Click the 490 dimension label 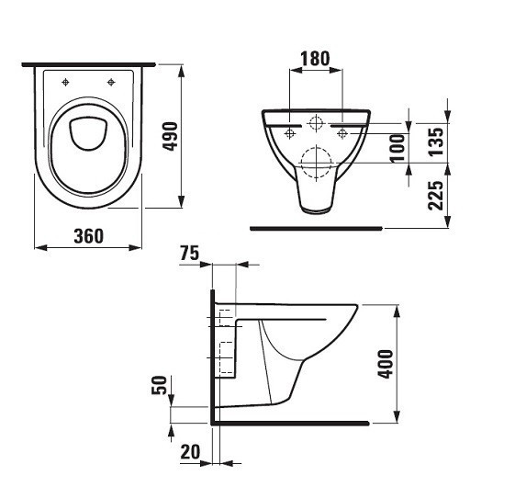[x=169, y=138]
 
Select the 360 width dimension [x=88, y=235]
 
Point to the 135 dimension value [x=435, y=140]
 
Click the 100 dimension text [x=397, y=146]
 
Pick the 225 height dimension [x=435, y=196]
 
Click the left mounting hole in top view [x=66, y=83]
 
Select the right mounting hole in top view [x=111, y=83]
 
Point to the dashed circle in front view [x=315, y=163]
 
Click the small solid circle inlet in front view [x=315, y=122]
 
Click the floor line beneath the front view [x=315, y=225]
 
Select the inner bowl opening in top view [x=88, y=133]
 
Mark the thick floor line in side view [x=289, y=423]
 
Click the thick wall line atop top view [x=88, y=65]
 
